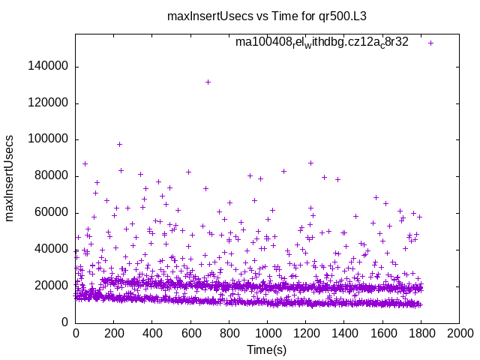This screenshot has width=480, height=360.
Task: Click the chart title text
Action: (277, 15)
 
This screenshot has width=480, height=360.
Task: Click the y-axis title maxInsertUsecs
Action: (10, 178)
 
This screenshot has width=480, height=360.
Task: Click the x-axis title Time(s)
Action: (267, 349)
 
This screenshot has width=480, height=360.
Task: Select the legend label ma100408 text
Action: (322, 42)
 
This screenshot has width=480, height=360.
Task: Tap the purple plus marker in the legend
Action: (431, 43)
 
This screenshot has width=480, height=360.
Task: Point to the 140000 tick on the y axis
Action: (47, 66)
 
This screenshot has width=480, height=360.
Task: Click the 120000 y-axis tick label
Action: (47, 103)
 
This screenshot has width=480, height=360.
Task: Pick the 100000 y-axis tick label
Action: (47, 139)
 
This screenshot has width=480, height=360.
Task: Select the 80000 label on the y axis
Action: (50, 176)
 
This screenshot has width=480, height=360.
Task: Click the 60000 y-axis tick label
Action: (50, 213)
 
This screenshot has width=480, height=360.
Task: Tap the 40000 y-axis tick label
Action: (50, 249)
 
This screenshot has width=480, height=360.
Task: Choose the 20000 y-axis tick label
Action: (50, 286)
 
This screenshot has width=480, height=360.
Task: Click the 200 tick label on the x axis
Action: (114, 333)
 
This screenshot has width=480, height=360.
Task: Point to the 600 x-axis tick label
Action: (190, 333)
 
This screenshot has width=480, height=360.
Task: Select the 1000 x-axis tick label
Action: (267, 333)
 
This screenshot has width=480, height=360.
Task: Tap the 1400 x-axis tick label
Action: (344, 333)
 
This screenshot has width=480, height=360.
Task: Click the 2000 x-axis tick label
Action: (459, 333)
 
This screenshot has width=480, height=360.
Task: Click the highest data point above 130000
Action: (208, 82)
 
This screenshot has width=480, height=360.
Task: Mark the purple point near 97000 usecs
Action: (119, 144)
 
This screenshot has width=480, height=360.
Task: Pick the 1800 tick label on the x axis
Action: (421, 333)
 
